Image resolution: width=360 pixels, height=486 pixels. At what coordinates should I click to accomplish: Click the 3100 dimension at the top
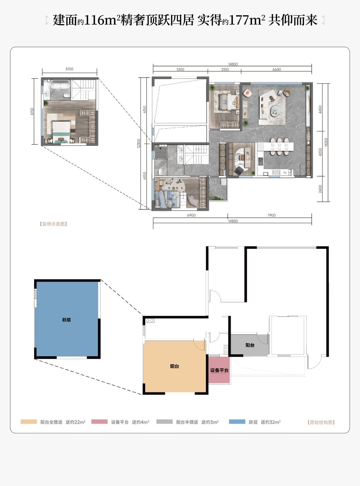225,70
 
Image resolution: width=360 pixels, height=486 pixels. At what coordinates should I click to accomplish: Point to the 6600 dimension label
277,70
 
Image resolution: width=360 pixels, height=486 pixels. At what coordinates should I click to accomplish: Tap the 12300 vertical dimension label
139,144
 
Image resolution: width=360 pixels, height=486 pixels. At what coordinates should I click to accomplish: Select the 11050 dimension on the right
326,142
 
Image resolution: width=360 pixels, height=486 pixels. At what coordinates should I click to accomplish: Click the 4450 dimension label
320,109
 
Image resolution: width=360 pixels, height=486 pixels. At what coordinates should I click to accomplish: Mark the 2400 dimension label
320,189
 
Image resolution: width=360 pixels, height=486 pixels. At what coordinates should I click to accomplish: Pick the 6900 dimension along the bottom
191,215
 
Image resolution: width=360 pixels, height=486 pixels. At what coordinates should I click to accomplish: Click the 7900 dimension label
271,215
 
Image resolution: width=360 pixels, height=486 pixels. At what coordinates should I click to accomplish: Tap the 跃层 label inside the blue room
67,320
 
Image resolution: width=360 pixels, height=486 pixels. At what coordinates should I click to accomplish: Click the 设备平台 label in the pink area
219,370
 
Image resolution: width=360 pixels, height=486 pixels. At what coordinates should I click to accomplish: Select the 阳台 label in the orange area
175,366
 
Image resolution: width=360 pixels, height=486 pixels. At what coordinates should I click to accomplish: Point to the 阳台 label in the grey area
250,345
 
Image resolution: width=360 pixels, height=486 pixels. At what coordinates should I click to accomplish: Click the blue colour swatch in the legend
237,422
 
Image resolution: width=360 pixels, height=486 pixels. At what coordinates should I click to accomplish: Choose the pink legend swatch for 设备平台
100,422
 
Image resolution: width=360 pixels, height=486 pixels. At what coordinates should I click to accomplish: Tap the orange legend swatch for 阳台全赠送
29,422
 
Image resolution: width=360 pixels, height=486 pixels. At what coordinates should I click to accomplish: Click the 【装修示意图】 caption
53,224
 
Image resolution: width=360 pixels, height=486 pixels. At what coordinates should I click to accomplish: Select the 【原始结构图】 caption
321,422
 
